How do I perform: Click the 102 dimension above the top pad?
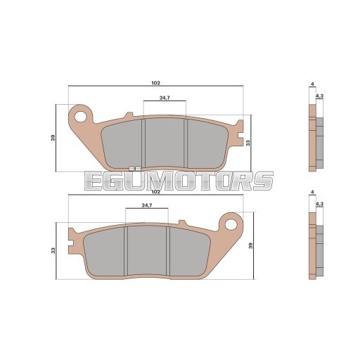(x=155, y=83)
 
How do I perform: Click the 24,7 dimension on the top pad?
(x=165, y=98)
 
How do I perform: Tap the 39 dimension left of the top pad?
(x=53, y=138)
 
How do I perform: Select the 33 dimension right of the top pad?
(x=248, y=143)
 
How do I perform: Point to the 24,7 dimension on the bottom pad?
(x=147, y=205)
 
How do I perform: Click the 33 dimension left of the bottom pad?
(x=53, y=250)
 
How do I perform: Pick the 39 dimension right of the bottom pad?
(x=251, y=245)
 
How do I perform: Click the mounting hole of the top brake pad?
(x=80, y=117)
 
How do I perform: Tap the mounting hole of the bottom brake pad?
(x=231, y=224)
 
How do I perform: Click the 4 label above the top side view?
(x=312, y=84)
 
